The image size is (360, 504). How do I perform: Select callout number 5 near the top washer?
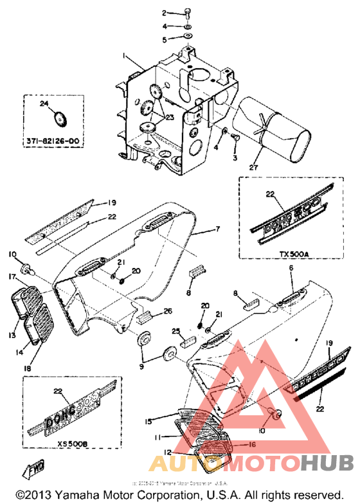165,39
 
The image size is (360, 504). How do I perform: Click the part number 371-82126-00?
57,139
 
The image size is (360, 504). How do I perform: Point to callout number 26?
168,311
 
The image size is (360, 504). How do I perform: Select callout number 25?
174,330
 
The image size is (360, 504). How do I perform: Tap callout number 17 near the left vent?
12,277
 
